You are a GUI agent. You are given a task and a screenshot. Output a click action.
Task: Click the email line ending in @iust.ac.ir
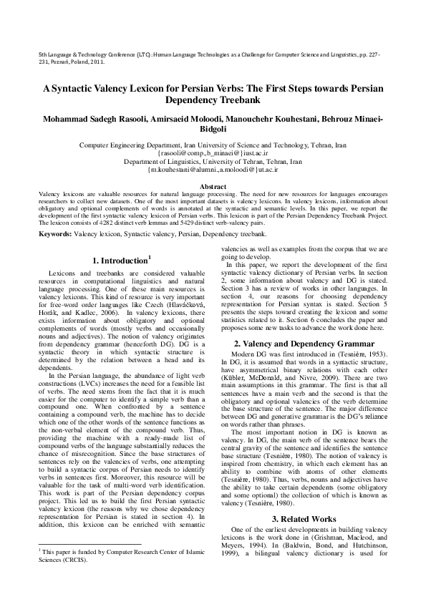(213, 152)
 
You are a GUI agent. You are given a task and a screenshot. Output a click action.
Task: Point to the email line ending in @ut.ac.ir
(213, 169)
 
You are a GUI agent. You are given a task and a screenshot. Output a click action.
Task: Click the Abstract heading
(213, 186)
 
